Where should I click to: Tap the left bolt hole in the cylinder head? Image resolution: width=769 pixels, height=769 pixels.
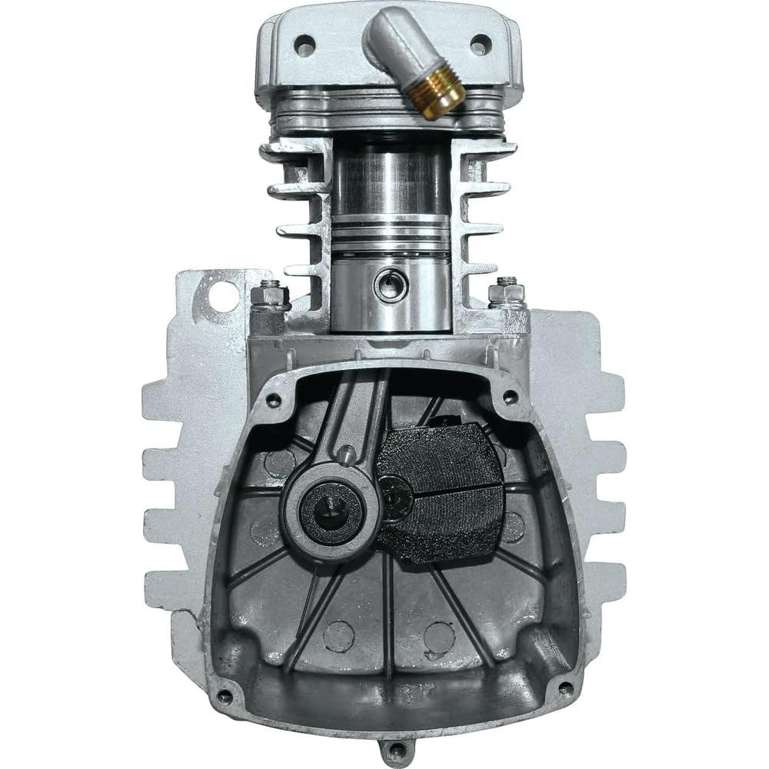coord(305,45)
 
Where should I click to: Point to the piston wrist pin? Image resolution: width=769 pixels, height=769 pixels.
coord(388,286)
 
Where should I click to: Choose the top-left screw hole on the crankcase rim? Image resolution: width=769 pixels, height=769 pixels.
coord(272,400)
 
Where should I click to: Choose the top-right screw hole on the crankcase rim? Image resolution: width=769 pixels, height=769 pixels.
coord(509,397)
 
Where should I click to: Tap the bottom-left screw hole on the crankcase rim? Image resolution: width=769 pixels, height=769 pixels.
coord(224,697)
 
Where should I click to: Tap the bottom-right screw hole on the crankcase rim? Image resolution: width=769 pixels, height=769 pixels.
coord(565,687)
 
